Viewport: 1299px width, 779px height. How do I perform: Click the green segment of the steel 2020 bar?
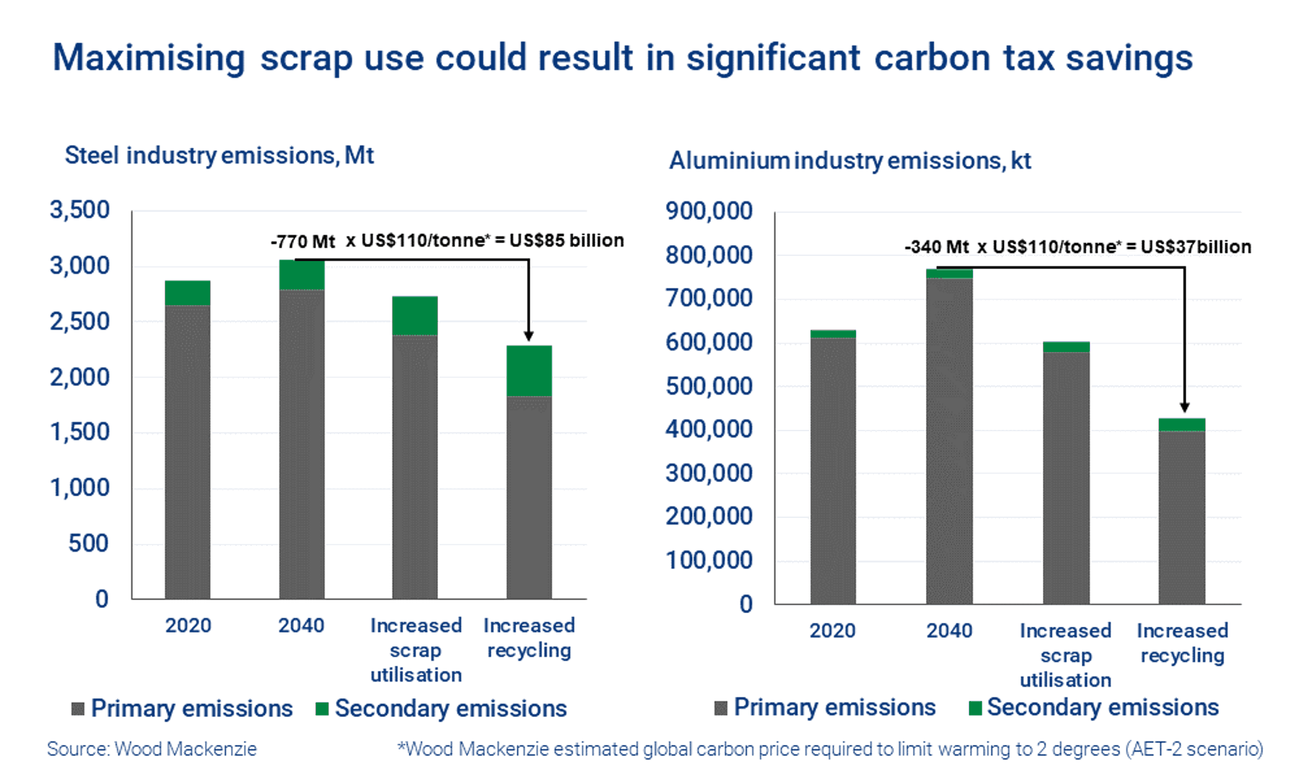tap(188, 293)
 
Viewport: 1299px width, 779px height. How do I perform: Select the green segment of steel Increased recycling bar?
tap(529, 371)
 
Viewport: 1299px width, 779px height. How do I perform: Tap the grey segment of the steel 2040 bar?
tap(302, 444)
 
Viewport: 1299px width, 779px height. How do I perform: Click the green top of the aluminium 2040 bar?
tap(949, 273)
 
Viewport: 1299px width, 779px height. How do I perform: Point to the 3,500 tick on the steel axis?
tap(79, 210)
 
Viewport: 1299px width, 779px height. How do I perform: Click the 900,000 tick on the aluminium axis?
tap(709, 211)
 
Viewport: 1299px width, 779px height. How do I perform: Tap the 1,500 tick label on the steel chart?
tap(79, 432)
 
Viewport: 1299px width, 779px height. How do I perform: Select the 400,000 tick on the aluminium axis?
tap(709, 430)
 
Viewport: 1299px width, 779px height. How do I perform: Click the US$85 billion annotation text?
tap(567, 240)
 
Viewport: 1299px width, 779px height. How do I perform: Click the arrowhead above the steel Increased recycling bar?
tap(529, 335)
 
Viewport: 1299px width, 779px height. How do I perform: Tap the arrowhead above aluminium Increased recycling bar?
tap(1184, 408)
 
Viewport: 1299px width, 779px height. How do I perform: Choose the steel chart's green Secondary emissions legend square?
tap(323, 709)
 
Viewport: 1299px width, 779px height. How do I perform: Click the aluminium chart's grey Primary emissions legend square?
tap(720, 708)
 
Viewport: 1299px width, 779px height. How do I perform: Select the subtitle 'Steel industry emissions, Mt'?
tap(219, 155)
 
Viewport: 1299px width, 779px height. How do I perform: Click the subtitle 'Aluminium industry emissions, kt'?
tap(849, 160)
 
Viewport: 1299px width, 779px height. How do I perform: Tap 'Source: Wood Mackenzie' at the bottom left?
tap(152, 749)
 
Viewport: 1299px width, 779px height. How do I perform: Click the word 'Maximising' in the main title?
tap(149, 58)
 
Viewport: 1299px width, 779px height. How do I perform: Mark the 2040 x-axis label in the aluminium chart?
tap(949, 630)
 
